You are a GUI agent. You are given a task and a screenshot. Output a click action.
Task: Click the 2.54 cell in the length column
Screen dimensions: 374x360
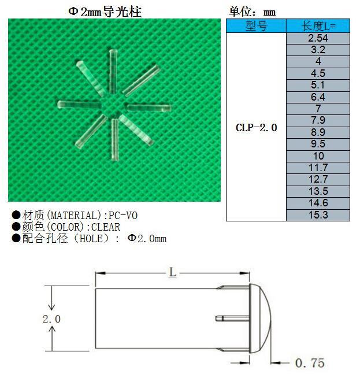(318, 38)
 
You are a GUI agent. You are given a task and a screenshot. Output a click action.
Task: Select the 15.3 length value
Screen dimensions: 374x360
(318, 215)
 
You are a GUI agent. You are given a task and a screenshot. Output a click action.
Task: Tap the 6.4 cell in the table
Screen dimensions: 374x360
(318, 97)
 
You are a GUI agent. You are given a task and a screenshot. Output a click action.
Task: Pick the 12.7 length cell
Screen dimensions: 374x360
(318, 180)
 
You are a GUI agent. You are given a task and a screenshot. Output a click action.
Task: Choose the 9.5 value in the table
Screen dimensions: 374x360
(318, 145)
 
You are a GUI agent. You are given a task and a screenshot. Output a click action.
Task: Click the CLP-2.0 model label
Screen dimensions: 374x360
(256, 128)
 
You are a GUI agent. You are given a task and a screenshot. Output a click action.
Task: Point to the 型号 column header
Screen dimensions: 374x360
(256, 27)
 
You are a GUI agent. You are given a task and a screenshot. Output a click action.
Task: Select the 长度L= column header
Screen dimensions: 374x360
(318, 27)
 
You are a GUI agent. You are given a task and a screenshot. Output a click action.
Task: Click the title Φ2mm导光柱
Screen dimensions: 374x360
(105, 12)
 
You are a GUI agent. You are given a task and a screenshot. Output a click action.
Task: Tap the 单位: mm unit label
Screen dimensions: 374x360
(252, 12)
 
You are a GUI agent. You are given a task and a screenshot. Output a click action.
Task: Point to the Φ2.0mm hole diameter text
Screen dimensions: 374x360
(147, 239)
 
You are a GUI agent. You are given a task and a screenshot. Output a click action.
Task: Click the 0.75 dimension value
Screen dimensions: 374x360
(310, 363)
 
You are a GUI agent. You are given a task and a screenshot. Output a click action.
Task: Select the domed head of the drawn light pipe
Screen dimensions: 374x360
(263, 319)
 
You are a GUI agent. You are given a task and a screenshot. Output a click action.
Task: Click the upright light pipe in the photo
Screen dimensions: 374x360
(113, 71)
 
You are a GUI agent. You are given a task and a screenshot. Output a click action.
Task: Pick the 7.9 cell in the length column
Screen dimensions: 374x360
(318, 121)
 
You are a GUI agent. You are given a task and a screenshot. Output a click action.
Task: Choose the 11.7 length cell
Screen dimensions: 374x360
(318, 168)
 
